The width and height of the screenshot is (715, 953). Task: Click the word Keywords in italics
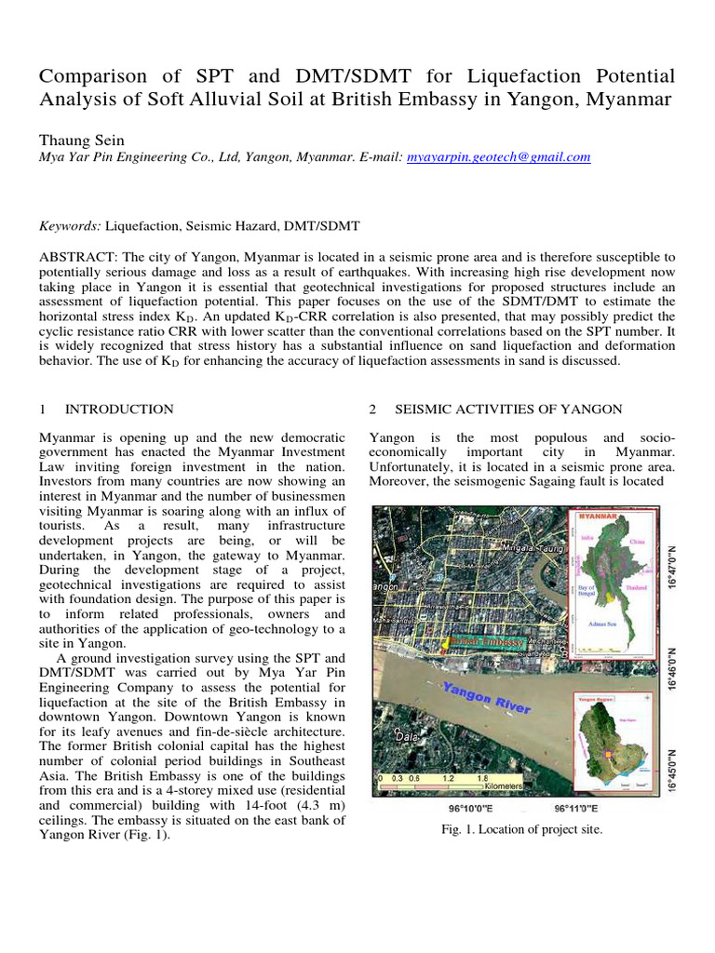(x=69, y=226)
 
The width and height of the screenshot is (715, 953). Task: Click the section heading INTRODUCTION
(x=119, y=409)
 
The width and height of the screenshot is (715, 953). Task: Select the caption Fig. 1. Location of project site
(x=521, y=830)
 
